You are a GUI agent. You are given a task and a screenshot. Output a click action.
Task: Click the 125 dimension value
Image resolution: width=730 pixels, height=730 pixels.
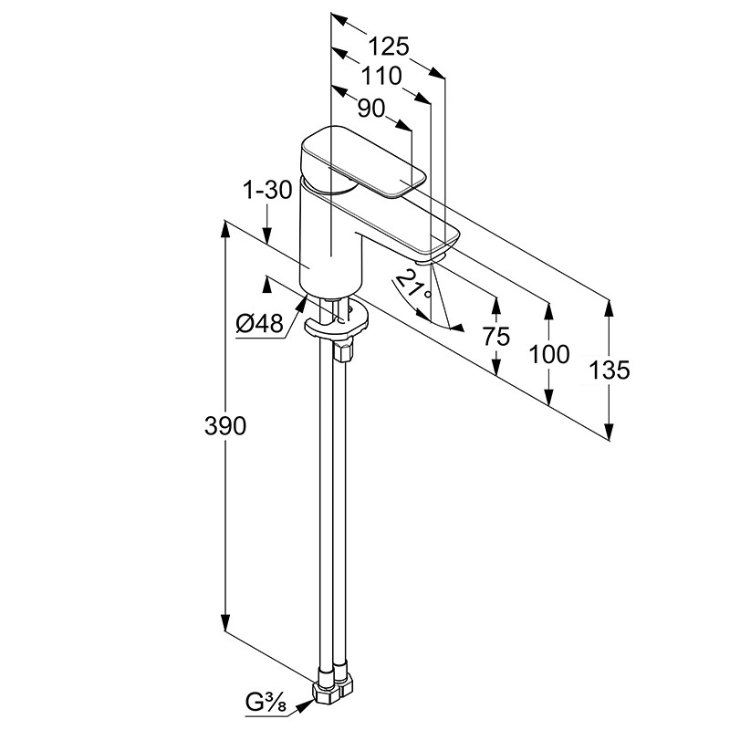click(389, 47)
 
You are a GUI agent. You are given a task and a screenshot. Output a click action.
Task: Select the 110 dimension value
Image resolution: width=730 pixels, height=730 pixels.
click(381, 76)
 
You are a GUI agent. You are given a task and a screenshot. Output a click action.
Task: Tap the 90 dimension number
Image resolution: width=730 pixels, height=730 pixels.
click(371, 109)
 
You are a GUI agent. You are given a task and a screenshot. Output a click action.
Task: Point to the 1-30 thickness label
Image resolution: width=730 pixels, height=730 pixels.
click(268, 190)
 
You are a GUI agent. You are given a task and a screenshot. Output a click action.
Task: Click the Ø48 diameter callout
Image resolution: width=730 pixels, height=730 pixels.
click(259, 323)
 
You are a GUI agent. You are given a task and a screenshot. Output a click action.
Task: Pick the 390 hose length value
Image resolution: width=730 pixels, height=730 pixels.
click(224, 425)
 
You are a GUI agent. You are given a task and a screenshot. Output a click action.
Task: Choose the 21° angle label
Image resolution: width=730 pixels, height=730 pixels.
click(414, 285)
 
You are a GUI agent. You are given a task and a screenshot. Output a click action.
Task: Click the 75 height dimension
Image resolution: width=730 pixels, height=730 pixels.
click(496, 336)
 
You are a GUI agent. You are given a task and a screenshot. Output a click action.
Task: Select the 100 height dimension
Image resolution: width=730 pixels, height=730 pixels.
click(549, 355)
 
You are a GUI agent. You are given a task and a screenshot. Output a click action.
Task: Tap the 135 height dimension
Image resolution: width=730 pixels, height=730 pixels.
click(609, 370)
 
